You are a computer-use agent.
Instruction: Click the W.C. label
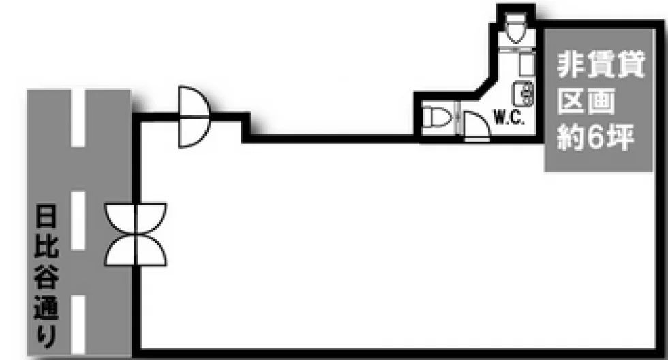pos(508,117)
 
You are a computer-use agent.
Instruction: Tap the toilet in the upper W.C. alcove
pos(515,27)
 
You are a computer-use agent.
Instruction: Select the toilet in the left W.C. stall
pos(438,117)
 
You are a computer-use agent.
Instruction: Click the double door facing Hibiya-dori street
pos(136,235)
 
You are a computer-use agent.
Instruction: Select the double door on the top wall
pos(194,117)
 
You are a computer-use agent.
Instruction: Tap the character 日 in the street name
pos(46,215)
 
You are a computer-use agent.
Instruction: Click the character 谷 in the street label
pos(46,276)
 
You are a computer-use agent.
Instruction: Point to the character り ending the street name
pos(46,337)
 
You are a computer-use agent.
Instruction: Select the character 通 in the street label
pos(46,307)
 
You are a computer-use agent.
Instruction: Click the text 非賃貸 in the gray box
pos(601,65)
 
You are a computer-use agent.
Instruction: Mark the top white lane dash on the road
pos(78,118)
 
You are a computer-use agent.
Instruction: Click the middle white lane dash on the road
pos(78,220)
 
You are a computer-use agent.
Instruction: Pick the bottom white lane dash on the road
pos(78,325)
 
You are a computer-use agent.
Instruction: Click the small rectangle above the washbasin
pos(526,64)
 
